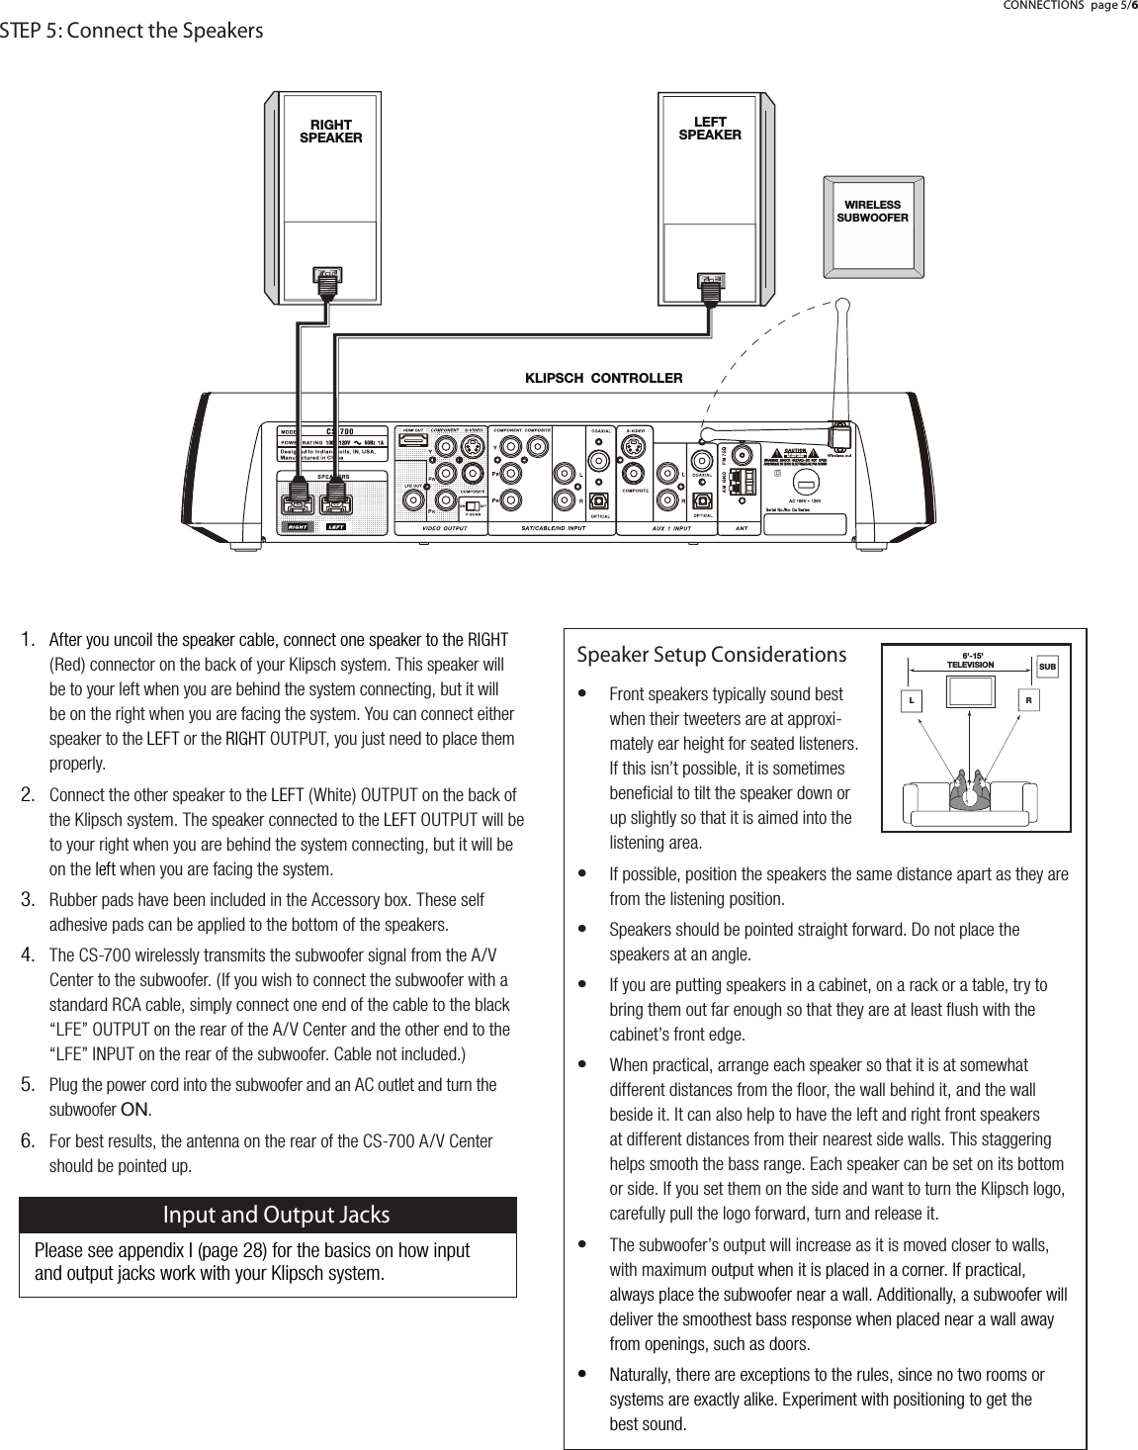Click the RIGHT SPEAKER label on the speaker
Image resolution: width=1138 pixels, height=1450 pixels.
330,132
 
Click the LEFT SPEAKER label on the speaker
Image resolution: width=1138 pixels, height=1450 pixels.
709,129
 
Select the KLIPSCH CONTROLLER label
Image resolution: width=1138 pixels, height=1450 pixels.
603,378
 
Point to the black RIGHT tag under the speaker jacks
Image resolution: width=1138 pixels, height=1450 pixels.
298,527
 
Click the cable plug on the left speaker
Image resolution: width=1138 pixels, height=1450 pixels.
708,282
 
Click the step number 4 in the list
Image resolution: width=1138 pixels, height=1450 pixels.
30,954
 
